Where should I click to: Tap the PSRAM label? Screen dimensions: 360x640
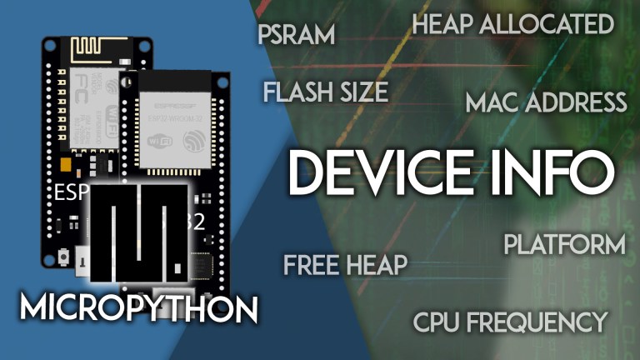[x=296, y=35]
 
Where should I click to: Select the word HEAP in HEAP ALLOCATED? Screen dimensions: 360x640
[x=444, y=25]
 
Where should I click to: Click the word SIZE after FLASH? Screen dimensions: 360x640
[x=365, y=92]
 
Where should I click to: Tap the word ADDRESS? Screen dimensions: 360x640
[x=576, y=103]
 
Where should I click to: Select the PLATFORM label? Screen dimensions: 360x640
[x=564, y=245]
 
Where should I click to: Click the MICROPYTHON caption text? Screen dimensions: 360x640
[x=138, y=308]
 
